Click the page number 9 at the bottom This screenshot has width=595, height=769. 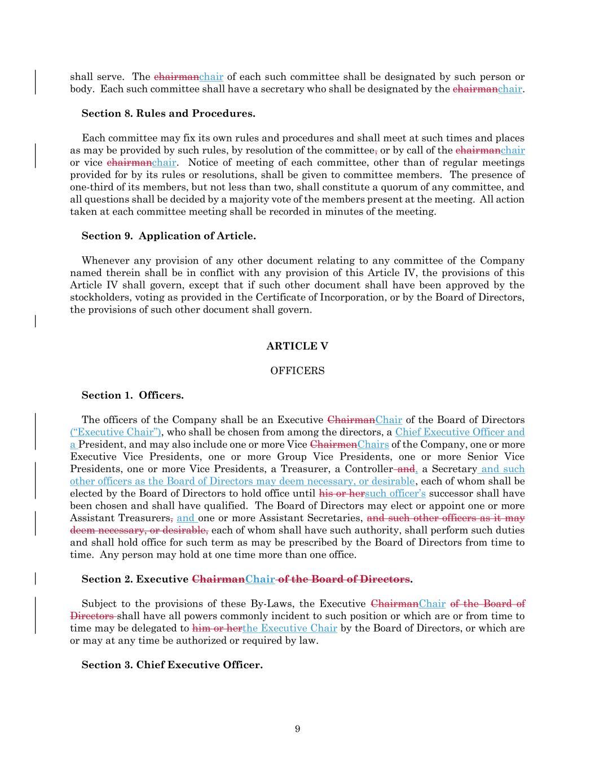pos(297,729)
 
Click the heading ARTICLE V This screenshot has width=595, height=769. pos(297,346)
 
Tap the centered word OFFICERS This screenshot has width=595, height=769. pos(297,371)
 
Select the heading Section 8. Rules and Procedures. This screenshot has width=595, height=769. pos(168,113)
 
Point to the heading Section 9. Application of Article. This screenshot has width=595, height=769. pos(169,236)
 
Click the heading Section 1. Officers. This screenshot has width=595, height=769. pos(133,395)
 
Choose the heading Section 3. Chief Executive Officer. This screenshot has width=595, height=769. pos(172,665)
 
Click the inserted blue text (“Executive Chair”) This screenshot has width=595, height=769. pos(116,432)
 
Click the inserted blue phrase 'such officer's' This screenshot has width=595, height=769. pos(395,494)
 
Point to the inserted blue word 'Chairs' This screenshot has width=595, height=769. pos(373,444)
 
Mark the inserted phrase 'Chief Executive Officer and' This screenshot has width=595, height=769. pos(460,432)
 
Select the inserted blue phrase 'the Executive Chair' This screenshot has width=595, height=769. pos(290,628)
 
